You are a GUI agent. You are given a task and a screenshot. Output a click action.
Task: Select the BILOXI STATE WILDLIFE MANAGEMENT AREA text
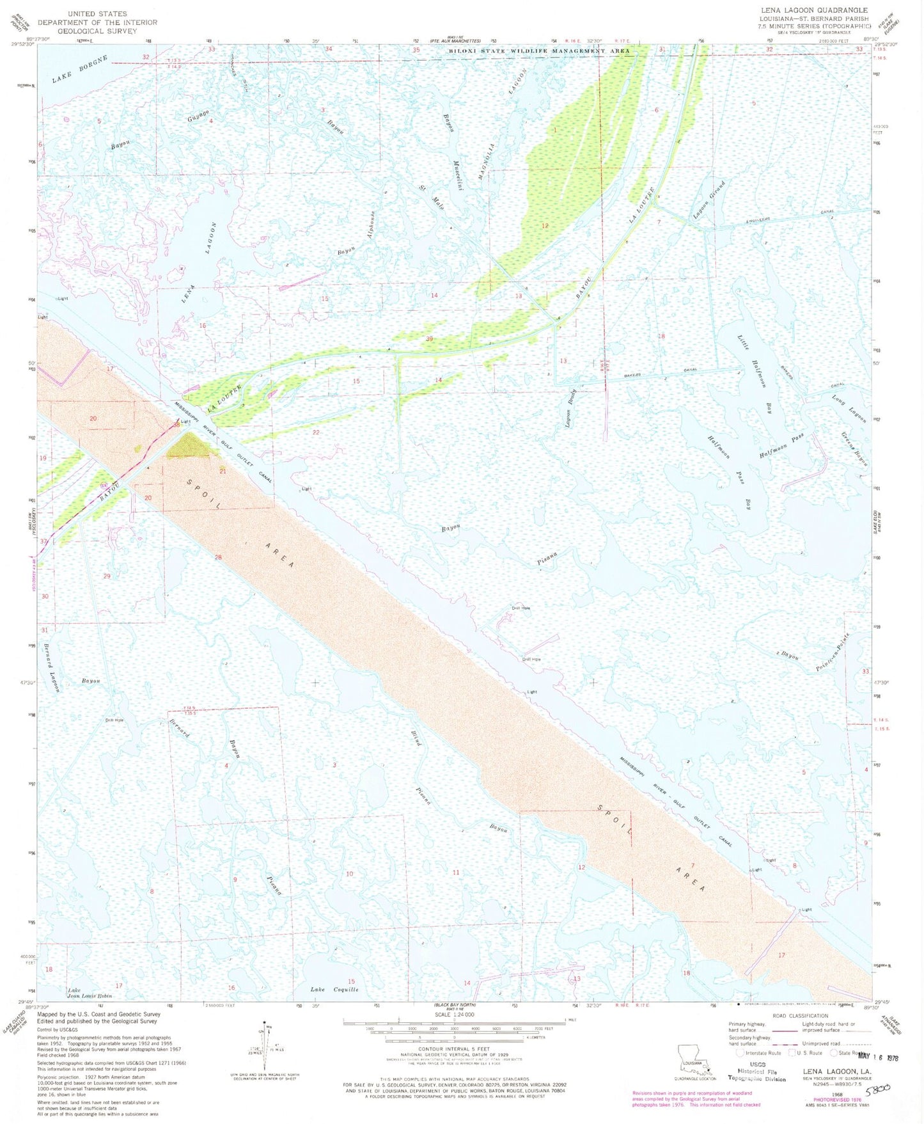pyautogui.click(x=538, y=51)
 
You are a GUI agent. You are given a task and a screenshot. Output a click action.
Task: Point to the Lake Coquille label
pyautogui.click(x=334, y=989)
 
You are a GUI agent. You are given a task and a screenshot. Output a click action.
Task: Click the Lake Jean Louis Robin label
pyautogui.click(x=90, y=993)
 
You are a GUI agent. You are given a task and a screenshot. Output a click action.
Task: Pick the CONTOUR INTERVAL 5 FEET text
pyautogui.click(x=454, y=1049)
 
